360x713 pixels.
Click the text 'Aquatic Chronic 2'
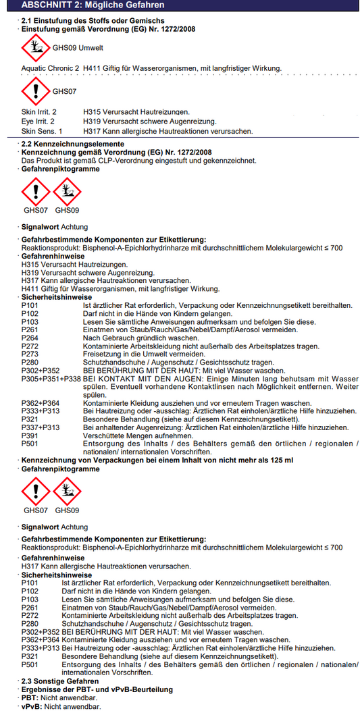[51, 68]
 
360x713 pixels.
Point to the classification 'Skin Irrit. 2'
[39, 111]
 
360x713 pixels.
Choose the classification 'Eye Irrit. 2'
[38, 121]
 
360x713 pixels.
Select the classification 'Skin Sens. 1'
[41, 130]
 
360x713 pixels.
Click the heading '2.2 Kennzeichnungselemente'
[72, 144]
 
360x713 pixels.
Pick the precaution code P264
[30, 338]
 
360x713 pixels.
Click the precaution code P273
[30, 354]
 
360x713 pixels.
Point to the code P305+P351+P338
[51, 379]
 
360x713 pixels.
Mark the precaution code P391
[30, 435]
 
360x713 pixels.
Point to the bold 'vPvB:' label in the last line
[32, 706]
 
